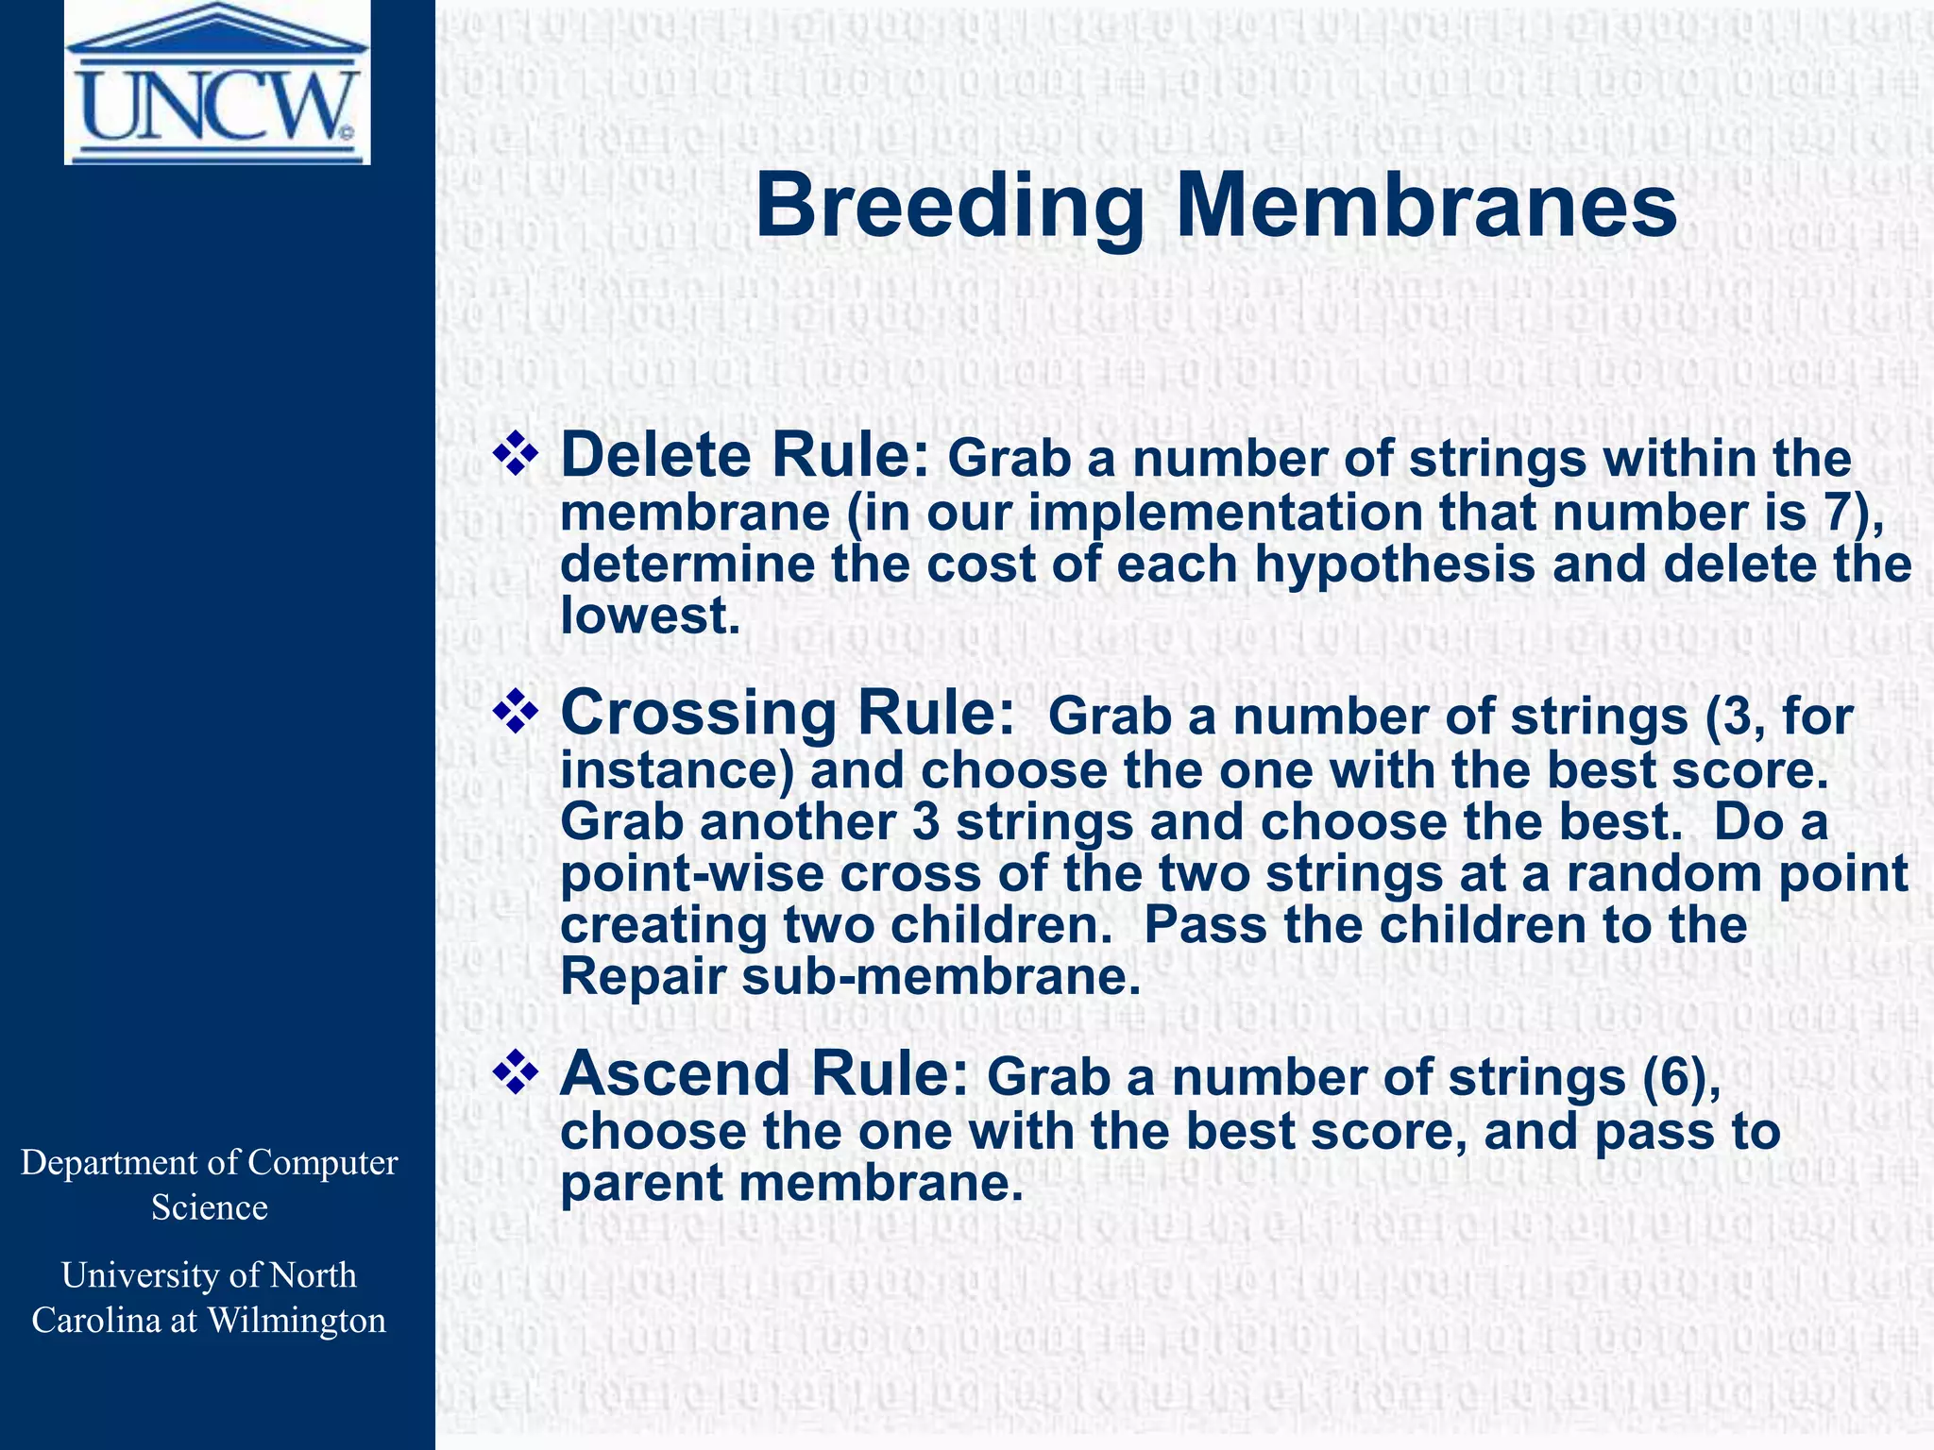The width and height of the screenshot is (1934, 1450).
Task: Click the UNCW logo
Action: pyautogui.click(x=217, y=84)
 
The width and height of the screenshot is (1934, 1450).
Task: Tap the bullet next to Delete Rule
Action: pyautogui.click(x=516, y=454)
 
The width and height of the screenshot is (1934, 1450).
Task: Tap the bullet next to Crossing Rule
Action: pyautogui.click(x=516, y=712)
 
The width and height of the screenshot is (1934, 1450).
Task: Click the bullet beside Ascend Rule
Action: pyautogui.click(x=516, y=1073)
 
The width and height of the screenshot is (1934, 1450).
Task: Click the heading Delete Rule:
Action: pyautogui.click(x=746, y=455)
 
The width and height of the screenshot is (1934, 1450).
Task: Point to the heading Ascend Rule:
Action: pyautogui.click(x=763, y=1074)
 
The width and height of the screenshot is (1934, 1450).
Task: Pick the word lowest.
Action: pyautogui.click(x=649, y=616)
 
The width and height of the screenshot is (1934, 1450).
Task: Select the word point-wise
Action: pyautogui.click(x=691, y=874)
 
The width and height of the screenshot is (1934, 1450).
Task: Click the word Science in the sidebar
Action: pyautogui.click(x=209, y=1207)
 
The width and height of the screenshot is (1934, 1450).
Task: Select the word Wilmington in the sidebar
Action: pyautogui.click(x=297, y=1320)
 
